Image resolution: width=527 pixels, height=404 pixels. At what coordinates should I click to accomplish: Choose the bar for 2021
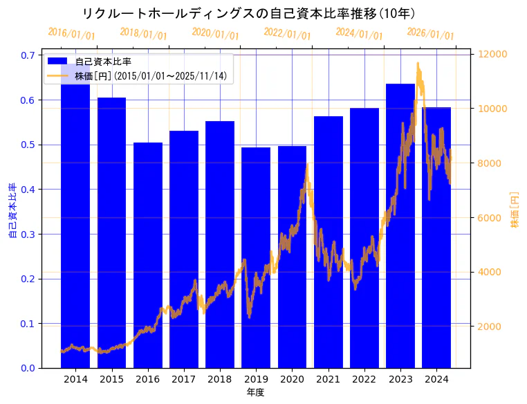(329, 242)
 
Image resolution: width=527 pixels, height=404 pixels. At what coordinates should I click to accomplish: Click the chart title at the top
(248, 14)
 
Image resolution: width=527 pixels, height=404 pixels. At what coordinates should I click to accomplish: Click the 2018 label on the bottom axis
(220, 380)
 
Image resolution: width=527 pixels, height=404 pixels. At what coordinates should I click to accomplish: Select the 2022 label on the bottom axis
(364, 380)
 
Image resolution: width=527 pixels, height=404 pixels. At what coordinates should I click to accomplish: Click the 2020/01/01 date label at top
(215, 34)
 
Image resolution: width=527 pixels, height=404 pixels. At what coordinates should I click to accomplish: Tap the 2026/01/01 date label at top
(430, 34)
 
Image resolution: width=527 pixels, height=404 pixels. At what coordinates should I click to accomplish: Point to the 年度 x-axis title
(255, 393)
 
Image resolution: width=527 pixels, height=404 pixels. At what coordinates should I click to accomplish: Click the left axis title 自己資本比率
(12, 211)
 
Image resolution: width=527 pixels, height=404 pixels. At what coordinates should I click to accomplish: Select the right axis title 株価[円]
(515, 211)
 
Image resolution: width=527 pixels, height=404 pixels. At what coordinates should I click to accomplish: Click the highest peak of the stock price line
(418, 63)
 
